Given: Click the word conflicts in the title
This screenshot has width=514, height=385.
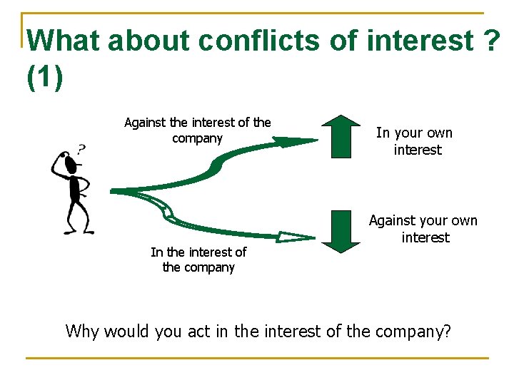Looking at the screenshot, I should point(258,41).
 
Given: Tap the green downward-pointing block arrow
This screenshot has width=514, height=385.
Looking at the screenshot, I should point(341,230).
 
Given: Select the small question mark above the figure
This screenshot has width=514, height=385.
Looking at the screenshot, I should point(81,149).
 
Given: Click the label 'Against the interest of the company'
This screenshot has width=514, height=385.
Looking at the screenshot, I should point(198,130).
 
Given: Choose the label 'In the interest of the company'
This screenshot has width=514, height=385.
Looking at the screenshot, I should point(198,260).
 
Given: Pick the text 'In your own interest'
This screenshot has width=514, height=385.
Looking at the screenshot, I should point(415,141).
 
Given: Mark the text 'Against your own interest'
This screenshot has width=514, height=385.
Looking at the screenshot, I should point(423,229).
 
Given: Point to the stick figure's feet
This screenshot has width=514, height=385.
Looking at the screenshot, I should point(76,230).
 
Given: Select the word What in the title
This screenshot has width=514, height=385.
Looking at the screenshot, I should point(64,41).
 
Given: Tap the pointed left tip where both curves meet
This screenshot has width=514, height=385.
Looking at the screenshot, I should point(113,191).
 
